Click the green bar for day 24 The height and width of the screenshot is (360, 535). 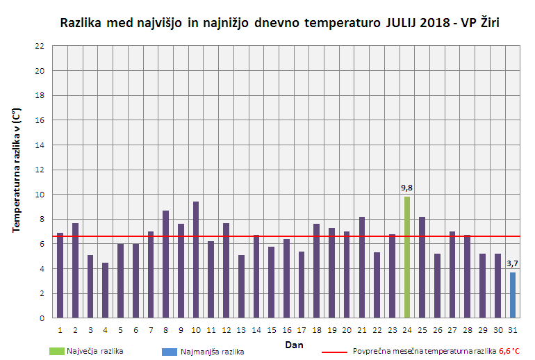click(x=407, y=257)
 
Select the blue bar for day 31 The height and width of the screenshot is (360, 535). click(x=513, y=295)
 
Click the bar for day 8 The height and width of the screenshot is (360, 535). click(x=165, y=264)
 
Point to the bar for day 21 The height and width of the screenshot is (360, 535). click(x=362, y=267)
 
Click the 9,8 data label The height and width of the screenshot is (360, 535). click(x=407, y=188)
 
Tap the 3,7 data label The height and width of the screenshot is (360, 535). click(x=513, y=263)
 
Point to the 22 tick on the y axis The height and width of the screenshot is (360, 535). click(x=40, y=46)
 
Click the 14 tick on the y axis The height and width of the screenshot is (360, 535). click(x=40, y=145)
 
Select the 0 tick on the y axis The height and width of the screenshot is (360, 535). click(x=42, y=318)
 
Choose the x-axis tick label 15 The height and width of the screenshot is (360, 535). click(x=271, y=330)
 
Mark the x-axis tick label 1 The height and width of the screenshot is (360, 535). click(x=60, y=330)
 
